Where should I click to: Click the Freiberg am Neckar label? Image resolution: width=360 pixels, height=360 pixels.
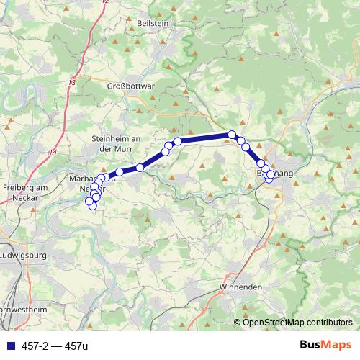[x=24, y=192]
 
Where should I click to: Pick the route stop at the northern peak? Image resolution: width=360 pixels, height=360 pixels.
[x=232, y=134]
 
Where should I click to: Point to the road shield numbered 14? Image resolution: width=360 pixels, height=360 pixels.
[x=53, y=151]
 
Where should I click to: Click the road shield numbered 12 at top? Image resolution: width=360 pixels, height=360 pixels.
[x=105, y=2]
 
